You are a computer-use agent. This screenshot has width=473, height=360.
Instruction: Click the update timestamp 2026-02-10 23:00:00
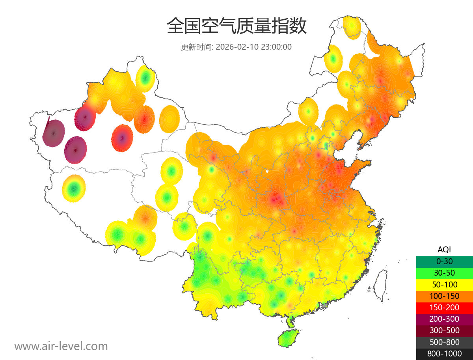click(x=254, y=47)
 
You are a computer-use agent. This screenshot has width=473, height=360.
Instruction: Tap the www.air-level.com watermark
click(x=61, y=346)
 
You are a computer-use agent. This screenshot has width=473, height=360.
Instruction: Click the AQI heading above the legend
click(x=444, y=249)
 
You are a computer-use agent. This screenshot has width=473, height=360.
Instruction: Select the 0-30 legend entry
click(x=444, y=261)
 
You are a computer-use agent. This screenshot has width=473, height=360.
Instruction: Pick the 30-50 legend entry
click(x=444, y=272)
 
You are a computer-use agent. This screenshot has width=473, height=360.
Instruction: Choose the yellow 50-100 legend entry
click(x=444, y=284)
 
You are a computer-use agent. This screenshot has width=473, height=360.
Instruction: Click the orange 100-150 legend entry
click(x=444, y=296)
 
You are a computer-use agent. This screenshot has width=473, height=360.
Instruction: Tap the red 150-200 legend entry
click(x=444, y=307)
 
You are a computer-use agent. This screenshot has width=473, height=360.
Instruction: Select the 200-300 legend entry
click(x=444, y=319)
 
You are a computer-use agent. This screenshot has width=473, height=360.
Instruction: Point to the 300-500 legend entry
click(x=444, y=330)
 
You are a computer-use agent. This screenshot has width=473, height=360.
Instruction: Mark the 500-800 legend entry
click(x=444, y=342)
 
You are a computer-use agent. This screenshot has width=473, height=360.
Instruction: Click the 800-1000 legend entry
click(x=444, y=354)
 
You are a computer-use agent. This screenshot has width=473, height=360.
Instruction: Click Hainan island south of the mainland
click(x=288, y=339)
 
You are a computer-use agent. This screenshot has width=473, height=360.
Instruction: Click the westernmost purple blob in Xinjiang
click(x=54, y=133)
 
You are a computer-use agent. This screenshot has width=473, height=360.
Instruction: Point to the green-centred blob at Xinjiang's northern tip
click(x=145, y=78)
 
